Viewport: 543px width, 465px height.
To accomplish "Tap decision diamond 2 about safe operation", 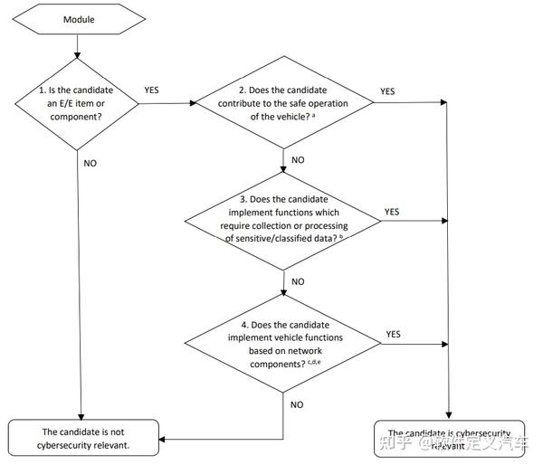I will pos(284,103).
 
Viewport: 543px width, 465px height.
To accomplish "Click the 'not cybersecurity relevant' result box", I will pos(83,437).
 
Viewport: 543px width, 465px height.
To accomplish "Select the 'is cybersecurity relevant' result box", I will pos(448,439).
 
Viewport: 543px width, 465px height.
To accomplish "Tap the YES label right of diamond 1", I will pos(153,91).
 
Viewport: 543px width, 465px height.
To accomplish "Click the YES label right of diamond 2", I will pos(387,91).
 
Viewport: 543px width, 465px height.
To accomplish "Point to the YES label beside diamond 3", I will pos(392,212).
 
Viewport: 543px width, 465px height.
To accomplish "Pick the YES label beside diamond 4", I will pos(394,333).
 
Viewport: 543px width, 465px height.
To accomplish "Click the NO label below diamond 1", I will pos(90,164).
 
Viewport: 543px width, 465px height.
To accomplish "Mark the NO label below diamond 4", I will pos(297,404).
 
